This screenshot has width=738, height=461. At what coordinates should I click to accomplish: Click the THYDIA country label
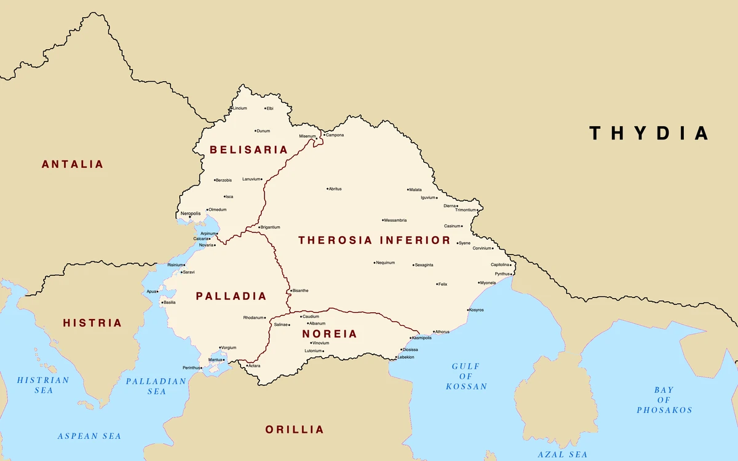pyautogui.click(x=649, y=133)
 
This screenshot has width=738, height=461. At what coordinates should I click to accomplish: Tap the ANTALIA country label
pyautogui.click(x=73, y=164)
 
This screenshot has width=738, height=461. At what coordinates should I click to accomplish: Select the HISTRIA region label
pyautogui.click(x=92, y=323)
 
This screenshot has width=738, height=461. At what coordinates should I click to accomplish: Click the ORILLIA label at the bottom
pyautogui.click(x=295, y=429)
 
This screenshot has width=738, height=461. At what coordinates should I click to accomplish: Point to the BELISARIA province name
pyautogui.click(x=248, y=149)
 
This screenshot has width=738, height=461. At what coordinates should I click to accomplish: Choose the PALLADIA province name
pyautogui.click(x=231, y=296)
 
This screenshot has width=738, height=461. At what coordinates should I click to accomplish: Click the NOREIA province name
pyautogui.click(x=329, y=334)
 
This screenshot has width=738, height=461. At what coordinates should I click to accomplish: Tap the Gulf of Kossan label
pyautogui.click(x=466, y=376)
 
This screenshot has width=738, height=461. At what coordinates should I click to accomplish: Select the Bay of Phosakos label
pyautogui.click(x=664, y=400)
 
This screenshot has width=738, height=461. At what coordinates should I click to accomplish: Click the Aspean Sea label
pyautogui.click(x=89, y=436)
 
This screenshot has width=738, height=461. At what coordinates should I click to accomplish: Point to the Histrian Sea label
pyautogui.click(x=43, y=385)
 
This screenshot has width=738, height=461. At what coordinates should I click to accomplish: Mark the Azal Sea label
pyautogui.click(x=562, y=454)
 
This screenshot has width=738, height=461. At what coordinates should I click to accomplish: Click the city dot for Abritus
pyautogui.click(x=327, y=189)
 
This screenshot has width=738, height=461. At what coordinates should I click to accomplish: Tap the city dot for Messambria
pyautogui.click(x=383, y=220)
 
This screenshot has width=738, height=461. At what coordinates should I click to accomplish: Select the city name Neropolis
pyautogui.click(x=191, y=213)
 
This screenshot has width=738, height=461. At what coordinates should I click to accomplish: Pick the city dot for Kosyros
pyautogui.click(x=468, y=310)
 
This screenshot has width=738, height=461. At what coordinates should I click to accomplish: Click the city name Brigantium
pyautogui.click(x=271, y=227)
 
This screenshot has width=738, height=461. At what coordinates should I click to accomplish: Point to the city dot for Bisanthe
pyautogui.click(x=291, y=291)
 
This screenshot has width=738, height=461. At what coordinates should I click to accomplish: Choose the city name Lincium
pyautogui.click(x=240, y=108)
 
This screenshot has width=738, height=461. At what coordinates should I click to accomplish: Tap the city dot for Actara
pyautogui.click(x=246, y=366)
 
